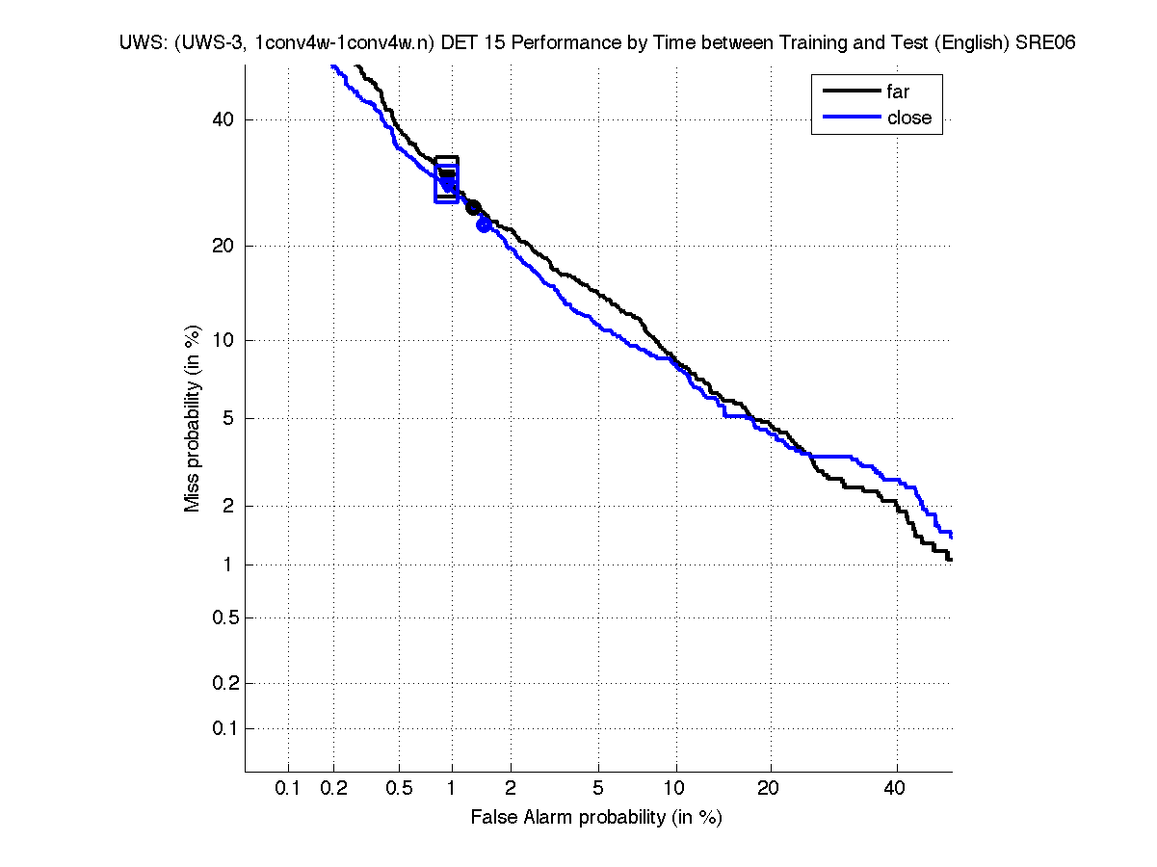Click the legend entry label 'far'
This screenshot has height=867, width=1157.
[897, 92]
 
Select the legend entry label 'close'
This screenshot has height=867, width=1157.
[908, 118]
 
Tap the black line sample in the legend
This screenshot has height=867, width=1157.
[852, 92]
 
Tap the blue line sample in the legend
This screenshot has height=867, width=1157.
[852, 117]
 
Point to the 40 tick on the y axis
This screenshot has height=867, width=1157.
[224, 119]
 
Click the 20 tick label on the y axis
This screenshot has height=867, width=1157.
[224, 246]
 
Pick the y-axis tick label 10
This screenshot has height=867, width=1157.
[224, 340]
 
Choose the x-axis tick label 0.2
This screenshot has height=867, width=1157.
[333, 789]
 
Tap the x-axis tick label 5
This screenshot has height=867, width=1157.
[598, 789]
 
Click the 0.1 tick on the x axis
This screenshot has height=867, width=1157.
[288, 789]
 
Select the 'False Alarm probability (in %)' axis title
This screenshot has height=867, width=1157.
[596, 818]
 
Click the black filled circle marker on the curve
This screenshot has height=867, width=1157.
[473, 207]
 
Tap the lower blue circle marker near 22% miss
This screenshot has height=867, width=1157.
[485, 224]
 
